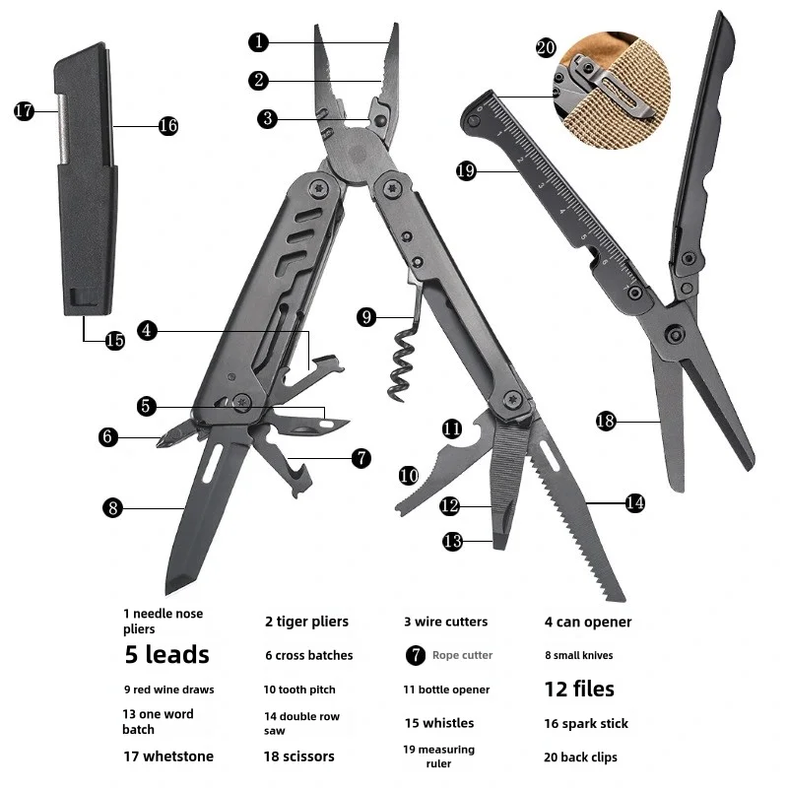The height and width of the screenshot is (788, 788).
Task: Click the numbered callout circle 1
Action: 259,41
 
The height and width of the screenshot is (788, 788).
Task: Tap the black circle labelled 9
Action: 366,317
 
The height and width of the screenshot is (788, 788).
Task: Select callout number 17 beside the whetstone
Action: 24,110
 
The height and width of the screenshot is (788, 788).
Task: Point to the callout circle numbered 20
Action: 546,47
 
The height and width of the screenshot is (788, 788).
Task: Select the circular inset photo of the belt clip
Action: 612,91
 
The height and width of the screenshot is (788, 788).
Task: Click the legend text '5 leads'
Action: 166,654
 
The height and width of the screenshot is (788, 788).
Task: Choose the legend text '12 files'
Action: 579,689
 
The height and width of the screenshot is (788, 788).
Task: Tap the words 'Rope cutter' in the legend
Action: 462,655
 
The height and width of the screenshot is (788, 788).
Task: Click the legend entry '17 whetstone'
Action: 168,756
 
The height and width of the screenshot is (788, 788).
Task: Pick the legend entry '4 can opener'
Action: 588,623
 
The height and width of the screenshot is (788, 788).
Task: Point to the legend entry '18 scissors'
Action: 299,756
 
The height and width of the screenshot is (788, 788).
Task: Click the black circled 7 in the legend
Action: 416,655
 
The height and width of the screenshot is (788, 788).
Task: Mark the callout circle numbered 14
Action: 634,502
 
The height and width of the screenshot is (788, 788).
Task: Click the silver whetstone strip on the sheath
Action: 63,129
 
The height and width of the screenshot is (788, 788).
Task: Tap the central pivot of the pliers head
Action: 358,155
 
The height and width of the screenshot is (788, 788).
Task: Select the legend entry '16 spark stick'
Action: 586,724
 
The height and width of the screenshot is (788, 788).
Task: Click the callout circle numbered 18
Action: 606,421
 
